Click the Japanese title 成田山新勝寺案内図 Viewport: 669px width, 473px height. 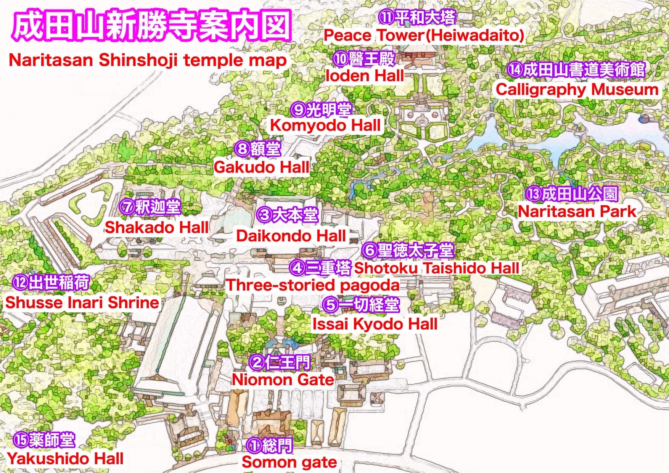152,27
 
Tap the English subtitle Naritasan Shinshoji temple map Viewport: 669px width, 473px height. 147,61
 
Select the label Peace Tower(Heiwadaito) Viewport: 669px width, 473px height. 423,36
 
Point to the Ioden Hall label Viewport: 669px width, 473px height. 365,76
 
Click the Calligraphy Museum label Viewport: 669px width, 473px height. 577,90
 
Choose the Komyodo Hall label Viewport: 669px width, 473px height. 325,125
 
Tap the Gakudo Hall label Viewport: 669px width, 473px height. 262,167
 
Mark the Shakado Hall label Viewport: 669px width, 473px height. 156,228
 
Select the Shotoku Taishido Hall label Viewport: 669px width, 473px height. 437,268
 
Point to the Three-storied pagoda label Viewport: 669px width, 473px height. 313,285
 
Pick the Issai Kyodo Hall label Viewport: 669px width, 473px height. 375,324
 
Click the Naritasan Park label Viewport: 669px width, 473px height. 577,212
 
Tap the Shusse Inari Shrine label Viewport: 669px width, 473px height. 82,302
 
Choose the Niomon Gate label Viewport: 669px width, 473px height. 283,380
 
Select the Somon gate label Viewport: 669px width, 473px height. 289,462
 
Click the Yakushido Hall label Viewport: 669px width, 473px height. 65,459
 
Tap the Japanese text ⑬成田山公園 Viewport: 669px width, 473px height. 571,194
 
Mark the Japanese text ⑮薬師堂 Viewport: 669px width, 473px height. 44,441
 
